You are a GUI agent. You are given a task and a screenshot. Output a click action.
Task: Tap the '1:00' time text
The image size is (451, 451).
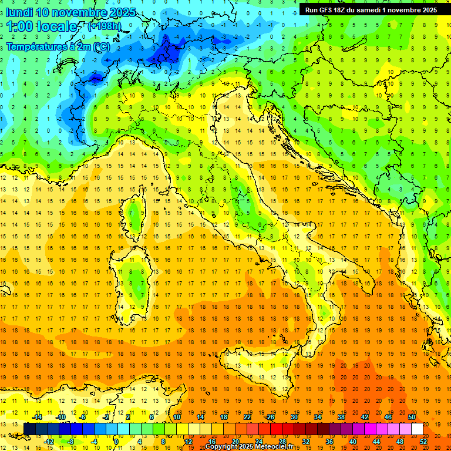click(19, 27)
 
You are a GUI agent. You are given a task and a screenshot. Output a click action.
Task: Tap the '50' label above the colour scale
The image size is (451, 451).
click(412, 417)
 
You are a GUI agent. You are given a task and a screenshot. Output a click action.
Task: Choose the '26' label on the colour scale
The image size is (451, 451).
click(270, 417)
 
